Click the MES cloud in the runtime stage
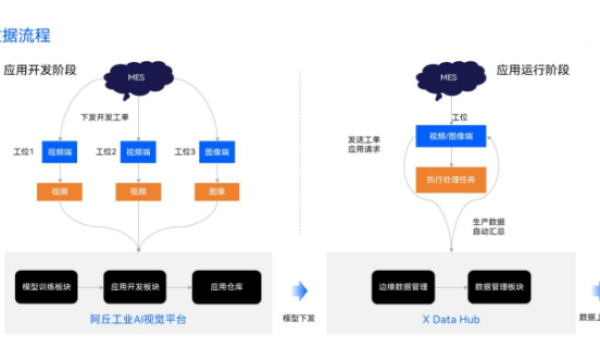450,76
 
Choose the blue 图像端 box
218,153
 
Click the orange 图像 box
218,191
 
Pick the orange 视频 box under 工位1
59,191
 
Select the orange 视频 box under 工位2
138,191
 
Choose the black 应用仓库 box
226,287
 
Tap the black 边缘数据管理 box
406,287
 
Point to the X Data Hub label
452,319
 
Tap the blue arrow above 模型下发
298,290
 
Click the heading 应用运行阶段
533,70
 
